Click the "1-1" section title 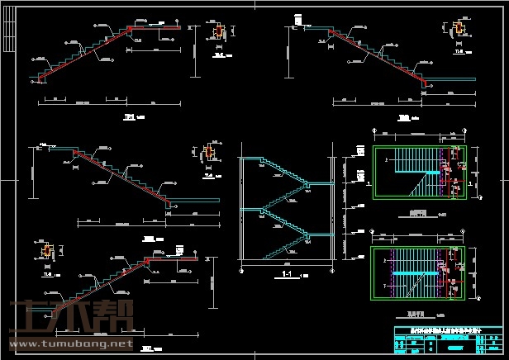tap(288, 273)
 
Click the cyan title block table tap(445, 338)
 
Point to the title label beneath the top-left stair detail tap(130, 118)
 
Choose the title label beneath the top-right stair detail tap(403, 118)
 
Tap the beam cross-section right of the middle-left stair tap(208, 153)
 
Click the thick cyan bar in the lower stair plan tap(414, 272)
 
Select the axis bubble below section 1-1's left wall tap(240, 268)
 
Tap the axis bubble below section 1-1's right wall tap(333, 268)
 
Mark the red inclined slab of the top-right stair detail tap(376, 58)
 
